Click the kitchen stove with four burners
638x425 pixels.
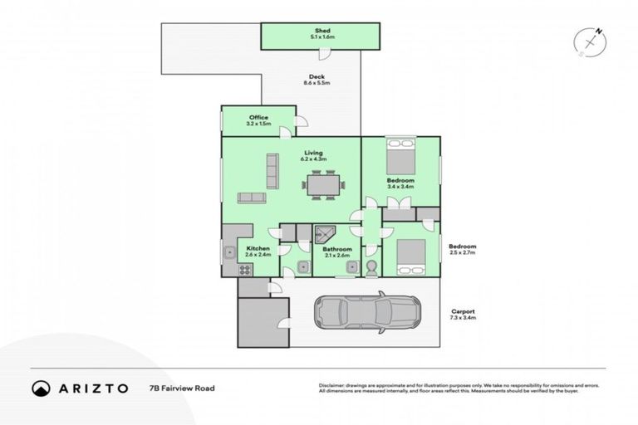coord(246,269)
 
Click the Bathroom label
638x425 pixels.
coord(337,250)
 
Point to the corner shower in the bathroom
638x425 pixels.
coord(325,233)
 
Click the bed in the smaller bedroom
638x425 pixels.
coord(410,256)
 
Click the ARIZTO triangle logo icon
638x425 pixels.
coord(40,388)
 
